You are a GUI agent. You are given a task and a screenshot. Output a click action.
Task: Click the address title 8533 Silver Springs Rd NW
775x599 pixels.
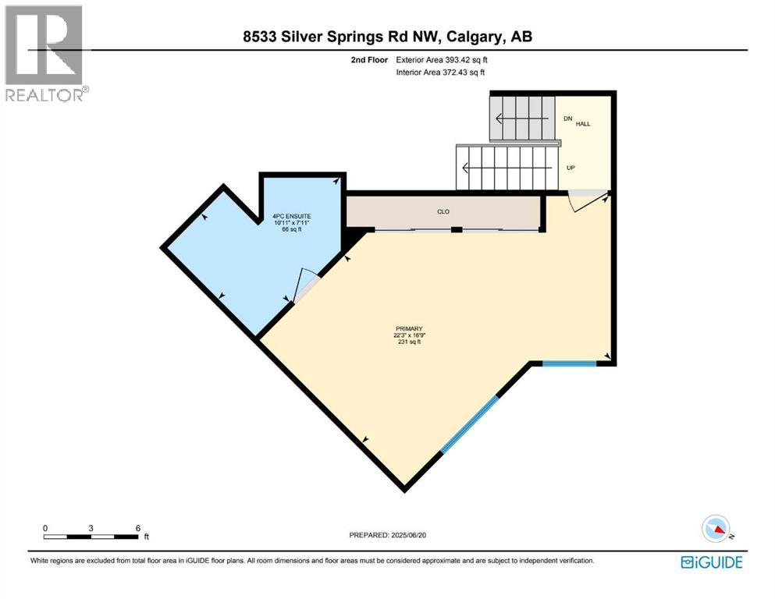point(386,36)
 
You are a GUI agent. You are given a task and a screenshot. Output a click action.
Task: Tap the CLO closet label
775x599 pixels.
point(443,211)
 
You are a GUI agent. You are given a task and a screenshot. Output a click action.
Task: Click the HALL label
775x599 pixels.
point(584,124)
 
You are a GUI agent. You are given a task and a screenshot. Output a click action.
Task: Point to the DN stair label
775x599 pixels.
point(568,119)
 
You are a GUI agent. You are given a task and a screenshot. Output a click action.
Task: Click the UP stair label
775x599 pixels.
point(571,168)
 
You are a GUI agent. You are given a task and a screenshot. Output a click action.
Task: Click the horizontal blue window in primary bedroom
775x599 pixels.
point(569,363)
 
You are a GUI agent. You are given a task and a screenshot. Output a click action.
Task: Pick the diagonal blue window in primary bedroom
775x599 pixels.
point(469,424)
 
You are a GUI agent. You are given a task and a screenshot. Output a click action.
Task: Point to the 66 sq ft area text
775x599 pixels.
point(291,229)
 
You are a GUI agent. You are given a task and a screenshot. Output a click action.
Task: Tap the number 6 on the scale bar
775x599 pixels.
point(138,528)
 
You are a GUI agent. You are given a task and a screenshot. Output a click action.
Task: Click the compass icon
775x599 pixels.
point(717,529)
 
